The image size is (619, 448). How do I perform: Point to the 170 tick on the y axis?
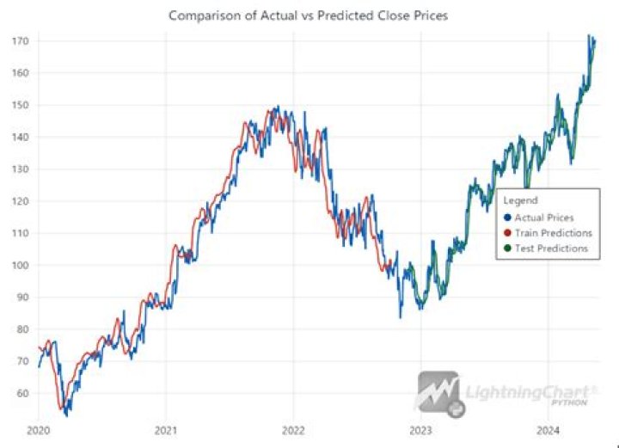click(x=21, y=41)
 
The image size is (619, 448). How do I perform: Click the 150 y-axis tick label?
click(x=21, y=105)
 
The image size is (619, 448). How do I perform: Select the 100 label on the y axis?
click(x=21, y=265)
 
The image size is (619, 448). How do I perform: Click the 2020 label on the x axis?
click(x=38, y=430)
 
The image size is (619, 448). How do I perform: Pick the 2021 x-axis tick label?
click(x=166, y=430)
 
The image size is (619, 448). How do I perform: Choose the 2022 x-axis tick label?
click(x=293, y=430)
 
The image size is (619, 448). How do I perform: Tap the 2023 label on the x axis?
click(x=420, y=430)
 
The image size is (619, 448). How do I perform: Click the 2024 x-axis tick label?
click(x=549, y=430)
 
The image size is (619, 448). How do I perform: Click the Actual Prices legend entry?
click(x=544, y=218)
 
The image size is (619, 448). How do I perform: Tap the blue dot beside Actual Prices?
click(x=508, y=218)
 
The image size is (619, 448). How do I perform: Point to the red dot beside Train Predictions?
click(x=508, y=233)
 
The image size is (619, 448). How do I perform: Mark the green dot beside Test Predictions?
click(x=508, y=249)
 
